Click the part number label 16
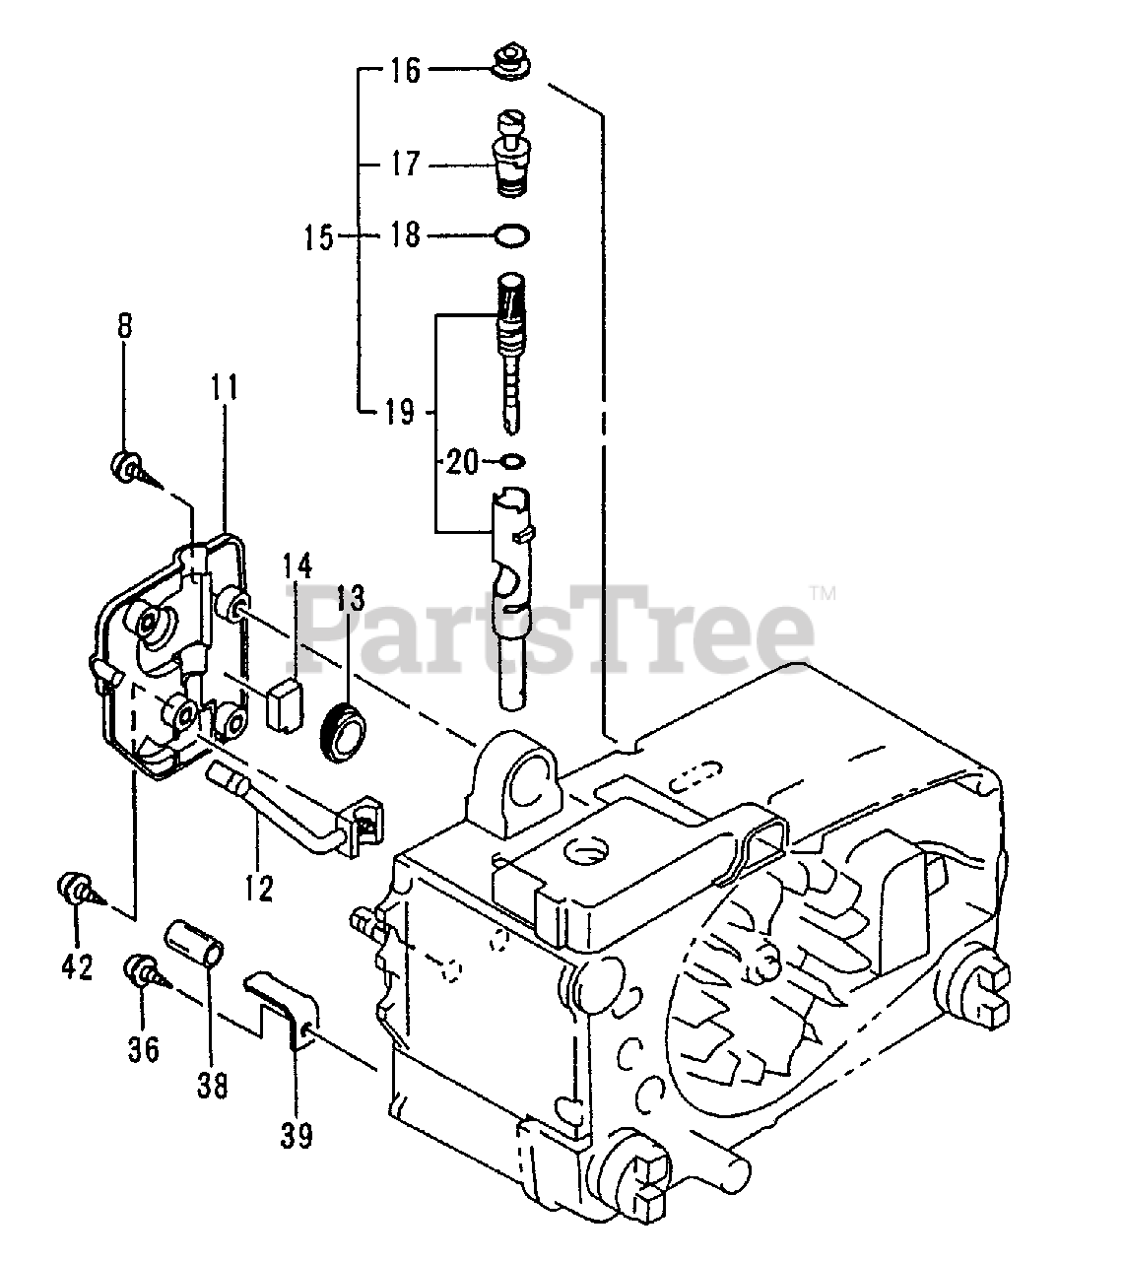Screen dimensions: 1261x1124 coord(405,71)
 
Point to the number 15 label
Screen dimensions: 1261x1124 coord(318,236)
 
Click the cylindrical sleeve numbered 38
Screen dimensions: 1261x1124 coord(195,945)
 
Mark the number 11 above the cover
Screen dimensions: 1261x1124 coord(225,387)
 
